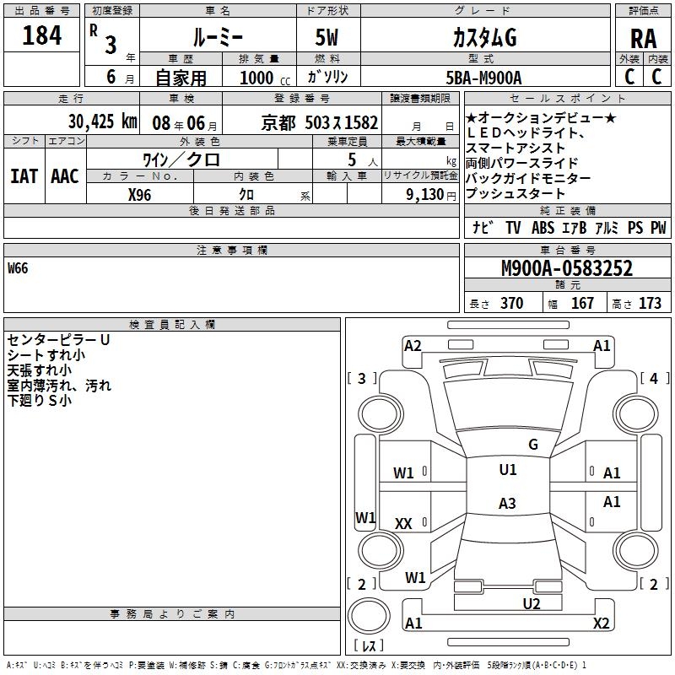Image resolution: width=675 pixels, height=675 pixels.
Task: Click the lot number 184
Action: click(42, 35)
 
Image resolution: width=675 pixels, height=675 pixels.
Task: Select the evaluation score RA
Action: click(643, 39)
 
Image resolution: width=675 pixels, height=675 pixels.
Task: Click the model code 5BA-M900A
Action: click(483, 78)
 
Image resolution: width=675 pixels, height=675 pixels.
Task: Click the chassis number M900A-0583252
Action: click(567, 269)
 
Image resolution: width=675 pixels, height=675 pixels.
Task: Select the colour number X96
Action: click(140, 194)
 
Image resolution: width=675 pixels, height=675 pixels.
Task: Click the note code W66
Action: click(18, 269)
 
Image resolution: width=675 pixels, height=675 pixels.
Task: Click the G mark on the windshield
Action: click(532, 445)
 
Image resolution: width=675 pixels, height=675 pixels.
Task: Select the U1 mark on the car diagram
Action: click(507, 470)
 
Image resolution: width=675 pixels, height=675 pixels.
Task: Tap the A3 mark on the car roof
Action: click(507, 504)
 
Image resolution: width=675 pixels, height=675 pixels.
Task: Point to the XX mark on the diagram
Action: click(403, 524)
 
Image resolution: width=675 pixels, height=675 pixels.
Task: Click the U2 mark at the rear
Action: click(531, 603)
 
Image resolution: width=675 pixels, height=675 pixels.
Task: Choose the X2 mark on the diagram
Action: click(601, 624)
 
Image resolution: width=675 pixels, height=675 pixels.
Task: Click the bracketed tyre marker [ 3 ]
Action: click(362, 379)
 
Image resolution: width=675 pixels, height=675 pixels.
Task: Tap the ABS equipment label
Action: click(543, 228)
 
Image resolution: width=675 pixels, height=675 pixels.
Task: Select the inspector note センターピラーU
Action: click(58, 340)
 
